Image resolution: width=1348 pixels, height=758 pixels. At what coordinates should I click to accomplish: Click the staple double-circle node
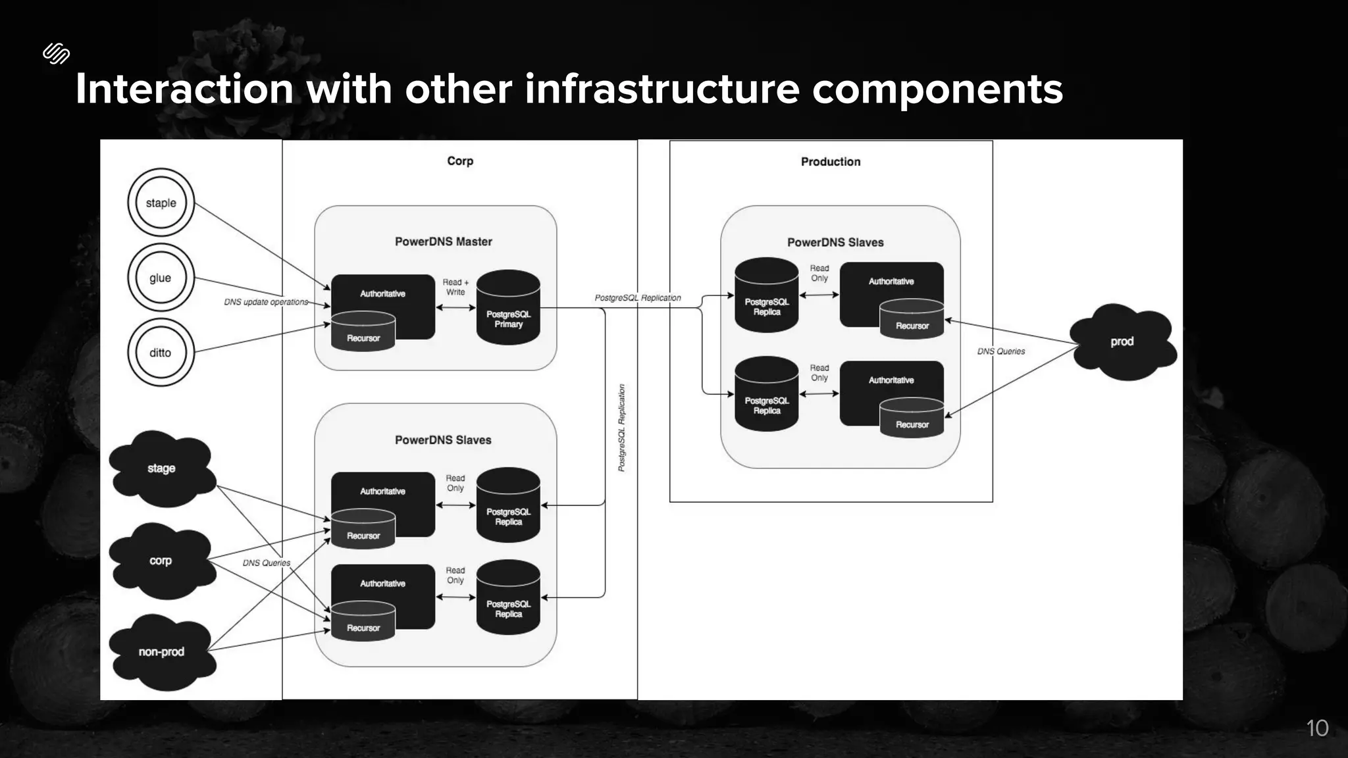pyautogui.click(x=161, y=203)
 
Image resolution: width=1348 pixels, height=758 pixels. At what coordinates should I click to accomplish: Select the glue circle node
pyautogui.click(x=161, y=278)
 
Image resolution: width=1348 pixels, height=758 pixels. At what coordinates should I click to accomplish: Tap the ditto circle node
pyautogui.click(x=161, y=353)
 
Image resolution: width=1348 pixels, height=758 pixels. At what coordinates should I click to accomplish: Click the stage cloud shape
pyautogui.click(x=161, y=468)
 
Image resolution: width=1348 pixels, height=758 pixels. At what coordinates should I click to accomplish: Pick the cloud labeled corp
pyautogui.click(x=161, y=561)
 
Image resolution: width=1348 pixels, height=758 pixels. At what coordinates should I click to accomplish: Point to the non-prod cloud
pyautogui.click(x=161, y=652)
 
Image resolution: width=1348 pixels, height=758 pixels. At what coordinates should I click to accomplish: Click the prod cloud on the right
pyautogui.click(x=1122, y=341)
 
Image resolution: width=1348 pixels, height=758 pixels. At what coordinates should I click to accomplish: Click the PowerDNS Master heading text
pyautogui.click(x=443, y=241)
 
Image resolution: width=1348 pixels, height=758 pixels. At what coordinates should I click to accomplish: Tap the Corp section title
pyautogui.click(x=460, y=161)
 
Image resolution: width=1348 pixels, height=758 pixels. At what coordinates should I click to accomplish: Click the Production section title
pyautogui.click(x=830, y=162)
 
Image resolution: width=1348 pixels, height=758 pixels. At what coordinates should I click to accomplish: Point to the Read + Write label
pyautogui.click(x=455, y=287)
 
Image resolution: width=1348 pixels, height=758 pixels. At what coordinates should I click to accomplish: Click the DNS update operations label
pyautogui.click(x=266, y=302)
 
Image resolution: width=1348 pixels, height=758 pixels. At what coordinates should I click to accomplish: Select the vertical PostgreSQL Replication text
pyautogui.click(x=621, y=428)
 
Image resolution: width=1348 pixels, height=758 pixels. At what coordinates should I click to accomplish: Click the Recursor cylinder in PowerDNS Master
pyautogui.click(x=363, y=332)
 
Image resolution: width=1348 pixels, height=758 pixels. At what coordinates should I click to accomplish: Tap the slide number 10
pyautogui.click(x=1317, y=728)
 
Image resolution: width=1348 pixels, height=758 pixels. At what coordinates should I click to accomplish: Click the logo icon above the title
pyautogui.click(x=56, y=53)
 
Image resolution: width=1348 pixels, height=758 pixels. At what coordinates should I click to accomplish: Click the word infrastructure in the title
pyautogui.click(x=661, y=89)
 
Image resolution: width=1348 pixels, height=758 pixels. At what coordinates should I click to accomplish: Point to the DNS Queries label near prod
pyautogui.click(x=1000, y=351)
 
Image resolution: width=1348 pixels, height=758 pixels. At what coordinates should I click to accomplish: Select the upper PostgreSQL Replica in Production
pyautogui.click(x=766, y=295)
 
